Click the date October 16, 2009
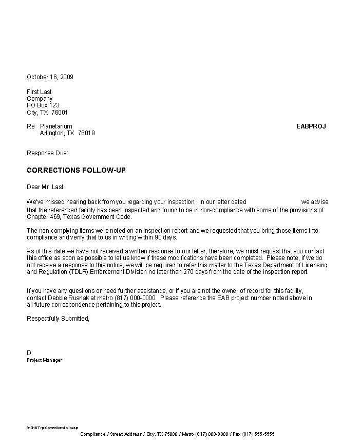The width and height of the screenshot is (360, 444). [50, 77]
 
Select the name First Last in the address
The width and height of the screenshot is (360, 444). [39, 92]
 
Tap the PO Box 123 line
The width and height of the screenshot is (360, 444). [43, 105]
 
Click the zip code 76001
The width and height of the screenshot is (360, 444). [60, 113]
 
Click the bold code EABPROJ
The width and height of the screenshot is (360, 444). [311, 126]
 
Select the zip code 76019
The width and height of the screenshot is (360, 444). [86, 133]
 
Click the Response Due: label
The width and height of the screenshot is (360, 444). [47, 153]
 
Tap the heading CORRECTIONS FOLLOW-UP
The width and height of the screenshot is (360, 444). [76, 170]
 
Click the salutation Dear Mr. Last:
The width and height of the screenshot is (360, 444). [46, 187]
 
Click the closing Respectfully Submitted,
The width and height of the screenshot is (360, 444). [58, 319]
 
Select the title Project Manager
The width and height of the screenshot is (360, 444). [44, 360]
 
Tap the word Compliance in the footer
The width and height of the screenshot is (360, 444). [92, 434]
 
